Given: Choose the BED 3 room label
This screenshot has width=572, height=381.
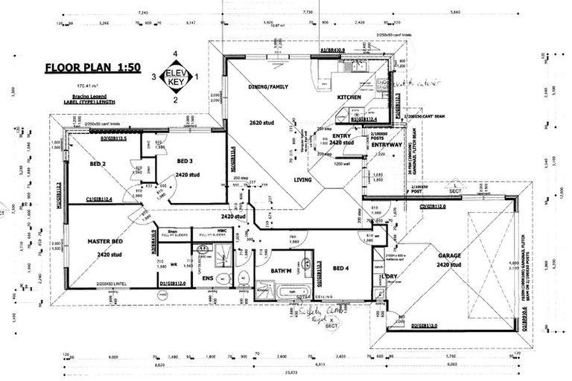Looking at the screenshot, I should pyautogui.click(x=187, y=161).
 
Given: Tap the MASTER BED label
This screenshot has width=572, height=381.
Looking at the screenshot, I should pyautogui.click(x=104, y=243).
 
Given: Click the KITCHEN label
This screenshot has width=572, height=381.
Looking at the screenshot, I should pyautogui.click(x=349, y=97).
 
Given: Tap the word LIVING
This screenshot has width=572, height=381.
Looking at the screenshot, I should pyautogui.click(x=302, y=179).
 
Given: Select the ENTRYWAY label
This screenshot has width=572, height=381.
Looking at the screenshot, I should pyautogui.click(x=386, y=144).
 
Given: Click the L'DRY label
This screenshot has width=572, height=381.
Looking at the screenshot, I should pyautogui.click(x=389, y=277).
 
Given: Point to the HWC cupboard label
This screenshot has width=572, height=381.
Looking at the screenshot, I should pyautogui.click(x=210, y=231).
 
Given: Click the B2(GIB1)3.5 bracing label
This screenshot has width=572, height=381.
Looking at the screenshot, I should pyautogui.click(x=113, y=138).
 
